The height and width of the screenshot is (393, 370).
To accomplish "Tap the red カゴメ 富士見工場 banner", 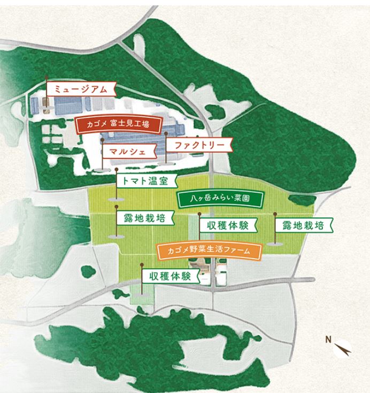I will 117,124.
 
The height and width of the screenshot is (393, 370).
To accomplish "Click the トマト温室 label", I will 145,180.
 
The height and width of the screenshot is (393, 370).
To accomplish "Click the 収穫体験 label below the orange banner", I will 170,276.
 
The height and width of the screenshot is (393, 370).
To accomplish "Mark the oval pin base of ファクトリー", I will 166,161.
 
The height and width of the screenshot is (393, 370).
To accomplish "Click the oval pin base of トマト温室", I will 115,199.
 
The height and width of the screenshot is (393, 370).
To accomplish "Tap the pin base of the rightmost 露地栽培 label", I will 275,243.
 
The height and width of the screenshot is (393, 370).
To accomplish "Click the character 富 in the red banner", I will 112,124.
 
